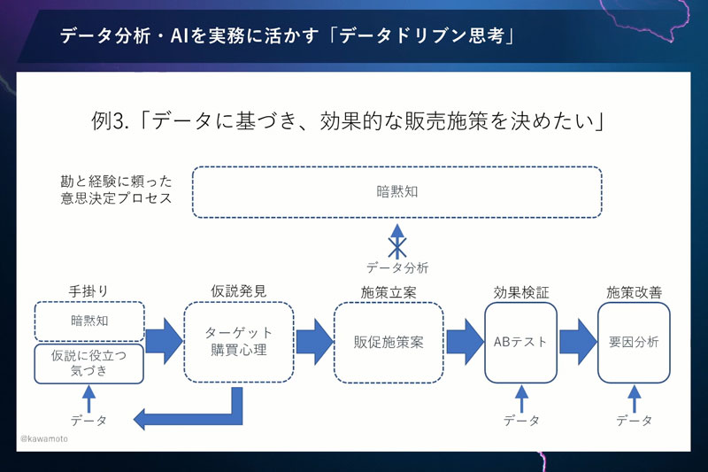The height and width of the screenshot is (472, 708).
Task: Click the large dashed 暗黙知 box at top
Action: point(396,191)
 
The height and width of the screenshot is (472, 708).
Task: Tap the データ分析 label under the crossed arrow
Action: point(397,267)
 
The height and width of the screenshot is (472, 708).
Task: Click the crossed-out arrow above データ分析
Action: point(397,239)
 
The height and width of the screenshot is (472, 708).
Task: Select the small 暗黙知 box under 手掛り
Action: point(88,321)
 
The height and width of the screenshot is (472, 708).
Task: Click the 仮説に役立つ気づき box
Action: point(88,364)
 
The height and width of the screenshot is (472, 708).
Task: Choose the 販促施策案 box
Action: point(389,342)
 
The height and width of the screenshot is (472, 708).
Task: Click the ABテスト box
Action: point(520,342)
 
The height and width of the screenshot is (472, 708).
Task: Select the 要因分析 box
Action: point(634,342)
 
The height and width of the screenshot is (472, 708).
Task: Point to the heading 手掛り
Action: point(88,290)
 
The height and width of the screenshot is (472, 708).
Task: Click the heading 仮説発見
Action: point(238,290)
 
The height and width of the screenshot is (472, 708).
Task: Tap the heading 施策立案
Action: point(389,291)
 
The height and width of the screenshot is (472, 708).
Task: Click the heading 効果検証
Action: point(520,291)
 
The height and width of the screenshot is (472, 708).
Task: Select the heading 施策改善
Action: point(634,291)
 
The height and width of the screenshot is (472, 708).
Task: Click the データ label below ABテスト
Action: point(520,421)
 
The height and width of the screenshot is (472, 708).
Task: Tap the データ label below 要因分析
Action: point(634,421)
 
